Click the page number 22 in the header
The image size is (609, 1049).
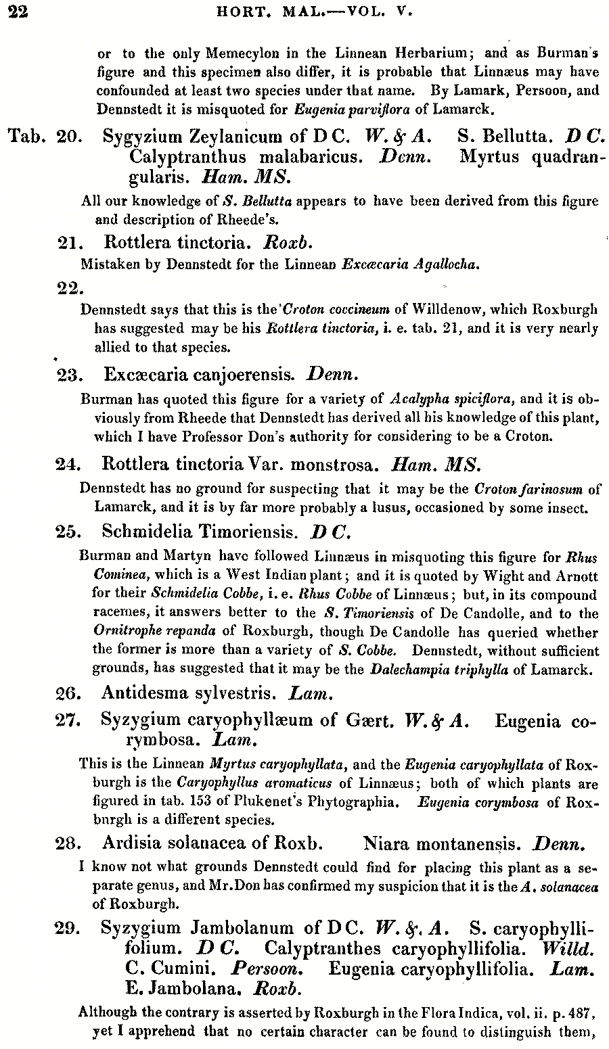coord(18,12)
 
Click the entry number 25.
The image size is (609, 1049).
coord(70,532)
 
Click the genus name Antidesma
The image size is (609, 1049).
coord(141,693)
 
